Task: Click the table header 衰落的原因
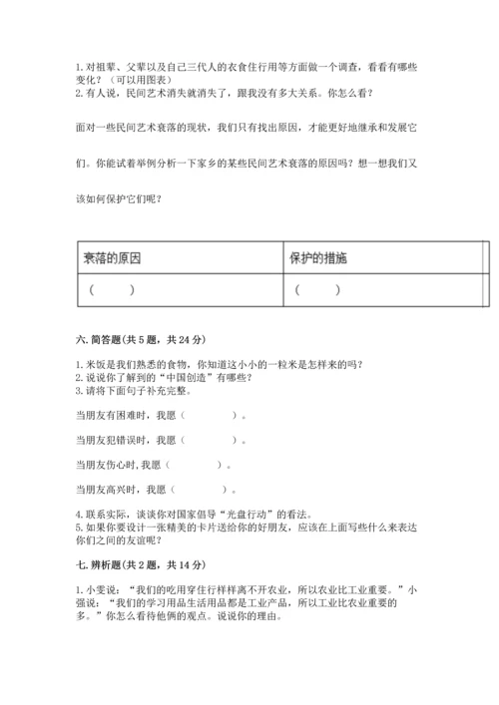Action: pos(112,258)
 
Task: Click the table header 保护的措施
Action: pos(318,258)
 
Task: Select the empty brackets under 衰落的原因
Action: pos(111,290)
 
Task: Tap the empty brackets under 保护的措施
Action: pos(317,290)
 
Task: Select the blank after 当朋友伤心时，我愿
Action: pos(197,464)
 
